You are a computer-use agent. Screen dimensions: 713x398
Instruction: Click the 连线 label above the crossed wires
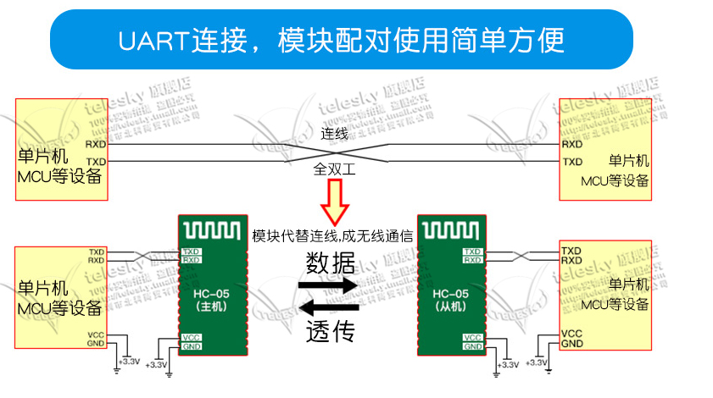tap(335, 134)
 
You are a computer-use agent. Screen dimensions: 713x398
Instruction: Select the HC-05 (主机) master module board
tap(211, 288)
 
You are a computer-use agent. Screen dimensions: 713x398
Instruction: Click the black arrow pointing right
tap(330, 286)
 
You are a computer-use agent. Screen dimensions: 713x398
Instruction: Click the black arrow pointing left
tap(330, 306)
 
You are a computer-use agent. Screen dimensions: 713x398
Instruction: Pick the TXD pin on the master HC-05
tap(192, 252)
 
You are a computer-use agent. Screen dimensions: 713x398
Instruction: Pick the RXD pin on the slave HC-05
tap(472, 261)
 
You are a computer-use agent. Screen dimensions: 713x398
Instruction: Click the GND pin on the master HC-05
tap(192, 346)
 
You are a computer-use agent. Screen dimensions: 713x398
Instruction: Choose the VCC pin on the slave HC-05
tap(472, 337)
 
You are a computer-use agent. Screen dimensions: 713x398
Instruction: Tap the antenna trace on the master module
tap(213, 229)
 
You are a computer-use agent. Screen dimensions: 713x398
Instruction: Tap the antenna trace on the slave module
tap(452, 229)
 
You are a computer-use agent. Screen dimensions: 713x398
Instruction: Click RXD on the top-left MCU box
tap(96, 145)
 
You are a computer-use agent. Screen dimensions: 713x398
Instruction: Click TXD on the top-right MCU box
tap(573, 161)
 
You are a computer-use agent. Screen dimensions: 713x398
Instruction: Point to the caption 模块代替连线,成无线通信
tap(332, 236)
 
